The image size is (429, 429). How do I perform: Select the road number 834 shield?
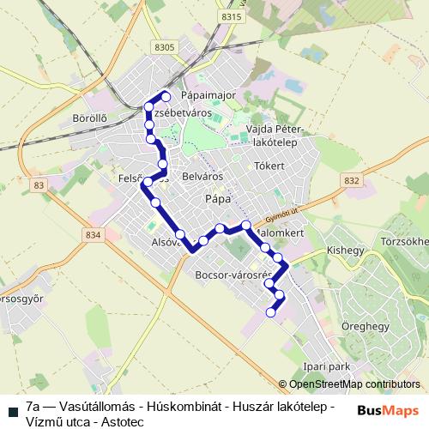[x=94, y=234]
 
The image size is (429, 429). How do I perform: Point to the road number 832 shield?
[x=350, y=180]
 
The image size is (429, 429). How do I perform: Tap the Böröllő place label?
[x=89, y=117]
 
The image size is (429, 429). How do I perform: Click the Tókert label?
[x=269, y=166]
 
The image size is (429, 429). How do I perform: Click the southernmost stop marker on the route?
[x=271, y=312]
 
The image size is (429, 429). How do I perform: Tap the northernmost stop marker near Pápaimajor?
[x=166, y=96]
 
